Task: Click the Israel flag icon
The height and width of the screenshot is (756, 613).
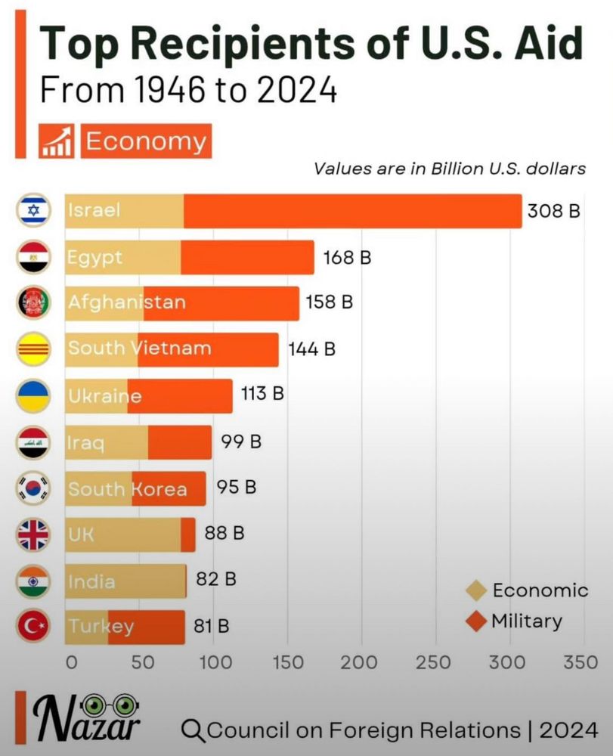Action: (33, 210)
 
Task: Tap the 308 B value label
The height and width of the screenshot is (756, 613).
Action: (553, 211)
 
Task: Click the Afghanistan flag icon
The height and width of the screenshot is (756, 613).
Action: (33, 303)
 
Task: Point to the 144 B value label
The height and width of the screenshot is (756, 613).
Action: (311, 349)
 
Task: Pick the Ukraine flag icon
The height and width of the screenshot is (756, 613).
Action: (33, 395)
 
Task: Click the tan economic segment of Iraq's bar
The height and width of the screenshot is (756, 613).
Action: (106, 442)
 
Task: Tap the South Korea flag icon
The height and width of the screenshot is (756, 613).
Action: (33, 488)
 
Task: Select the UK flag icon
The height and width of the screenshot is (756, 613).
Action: (33, 534)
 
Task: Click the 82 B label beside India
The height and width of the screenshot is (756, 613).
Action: (215, 580)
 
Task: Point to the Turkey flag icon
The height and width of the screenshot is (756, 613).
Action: (33, 627)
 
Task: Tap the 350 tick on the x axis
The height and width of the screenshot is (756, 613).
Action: (580, 663)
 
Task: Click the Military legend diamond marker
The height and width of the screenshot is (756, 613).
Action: (476, 622)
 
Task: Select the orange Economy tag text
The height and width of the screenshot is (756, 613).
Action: (145, 142)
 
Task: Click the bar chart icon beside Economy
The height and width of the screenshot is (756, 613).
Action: (57, 142)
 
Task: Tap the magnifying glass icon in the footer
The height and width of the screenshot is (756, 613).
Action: (193, 730)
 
